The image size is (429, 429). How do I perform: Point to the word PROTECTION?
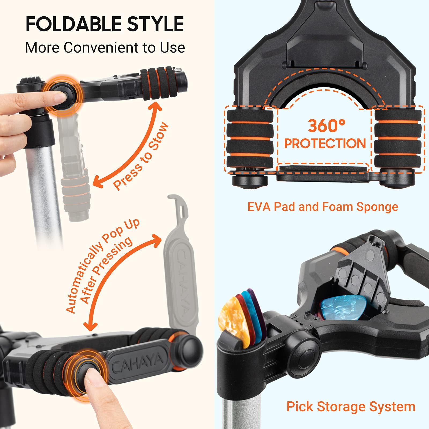point(325,143)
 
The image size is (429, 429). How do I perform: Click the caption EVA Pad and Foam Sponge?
point(323,207)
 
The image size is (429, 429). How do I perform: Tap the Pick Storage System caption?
point(351,406)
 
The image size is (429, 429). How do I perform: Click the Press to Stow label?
point(141,156)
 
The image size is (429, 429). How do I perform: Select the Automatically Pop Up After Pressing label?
point(102,265)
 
